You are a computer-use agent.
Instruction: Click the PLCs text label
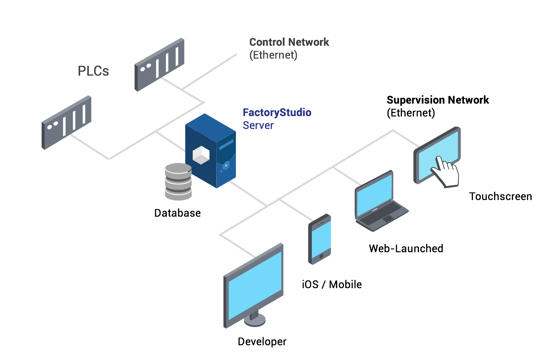93,71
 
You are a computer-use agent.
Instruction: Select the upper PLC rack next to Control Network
160,64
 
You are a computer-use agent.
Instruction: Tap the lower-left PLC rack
66,122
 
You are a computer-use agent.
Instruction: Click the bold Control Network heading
289,42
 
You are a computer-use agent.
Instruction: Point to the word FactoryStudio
277,112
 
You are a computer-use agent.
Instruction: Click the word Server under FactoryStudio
258,125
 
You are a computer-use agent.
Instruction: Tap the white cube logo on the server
201,155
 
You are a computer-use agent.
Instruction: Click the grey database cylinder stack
178,182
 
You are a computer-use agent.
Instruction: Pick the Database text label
177,213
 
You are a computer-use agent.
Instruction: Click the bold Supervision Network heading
437,100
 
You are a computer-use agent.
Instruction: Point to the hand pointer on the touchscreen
446,172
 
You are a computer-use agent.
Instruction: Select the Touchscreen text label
500,196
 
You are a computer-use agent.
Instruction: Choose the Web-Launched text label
406,248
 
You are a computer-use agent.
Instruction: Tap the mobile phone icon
320,239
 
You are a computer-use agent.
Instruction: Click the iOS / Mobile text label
332,284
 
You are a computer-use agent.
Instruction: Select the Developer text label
262,341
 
